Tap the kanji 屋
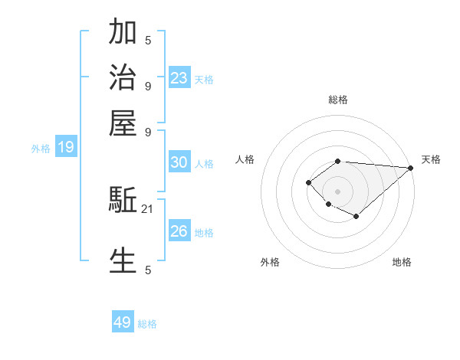[123, 123]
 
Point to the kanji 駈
[123, 201]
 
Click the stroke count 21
[148, 208]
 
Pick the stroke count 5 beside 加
[148, 41]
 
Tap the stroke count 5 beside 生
[148, 269]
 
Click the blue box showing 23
[179, 77]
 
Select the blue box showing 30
[179, 162]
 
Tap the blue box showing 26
[179, 231]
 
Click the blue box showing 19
[66, 147]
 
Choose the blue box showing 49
[123, 322]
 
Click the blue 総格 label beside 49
[147, 324]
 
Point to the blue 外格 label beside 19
[41, 149]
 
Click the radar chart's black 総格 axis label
[337, 100]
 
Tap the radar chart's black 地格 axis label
[402, 262]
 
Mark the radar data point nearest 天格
[410, 168]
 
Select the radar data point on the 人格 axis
[308, 182]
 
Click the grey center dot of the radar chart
[337, 191]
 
